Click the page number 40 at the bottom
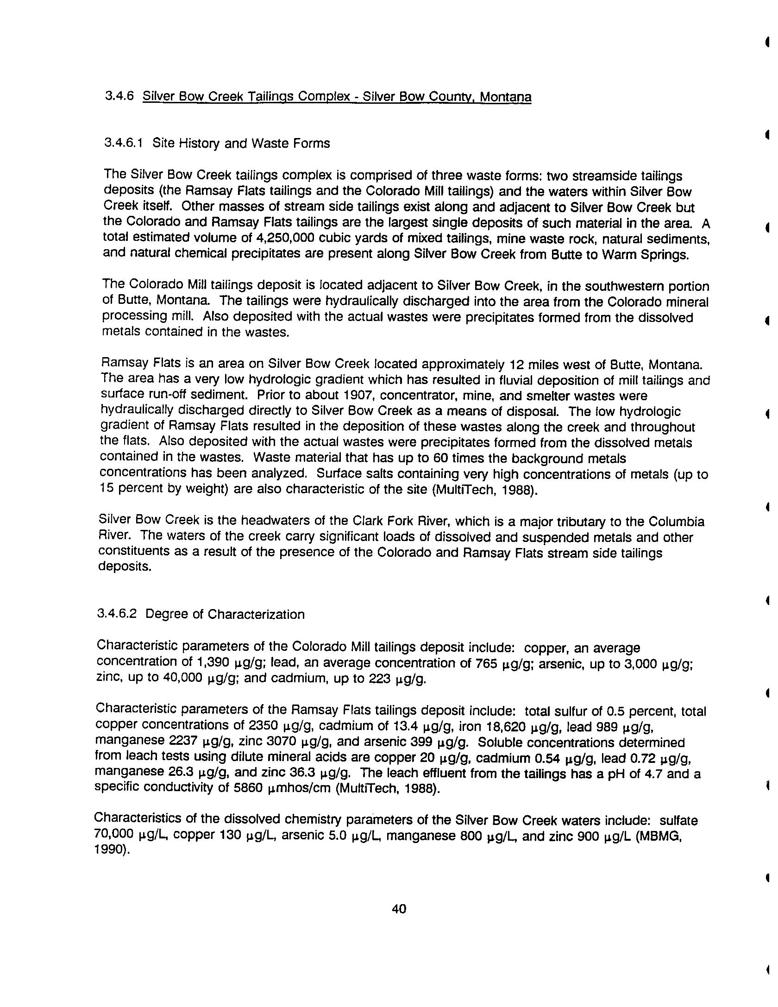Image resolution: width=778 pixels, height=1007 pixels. [399, 909]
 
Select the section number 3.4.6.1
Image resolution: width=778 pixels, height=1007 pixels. [123, 143]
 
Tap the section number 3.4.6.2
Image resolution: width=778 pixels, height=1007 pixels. [117, 614]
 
